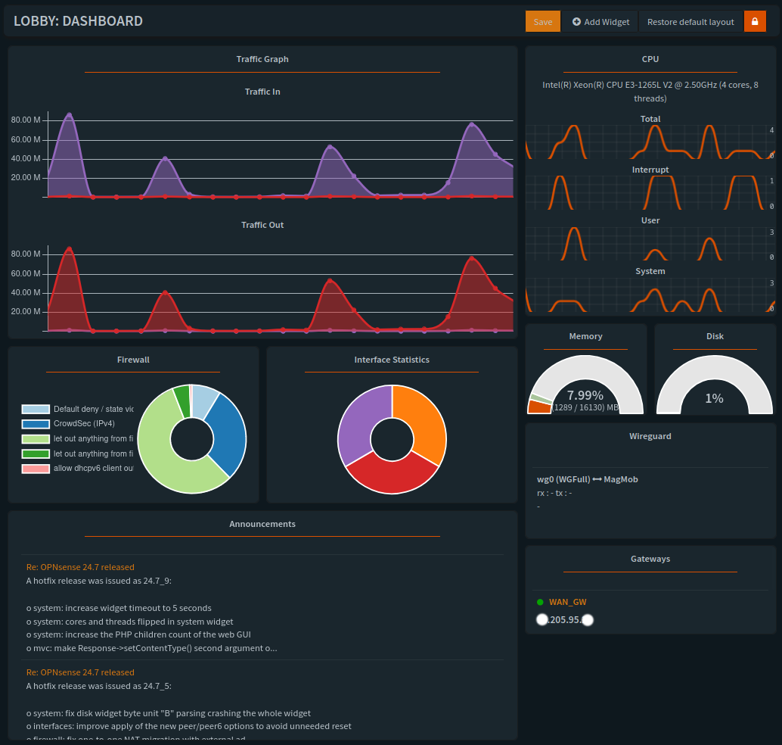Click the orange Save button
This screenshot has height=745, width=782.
point(542,22)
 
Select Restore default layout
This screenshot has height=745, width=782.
point(690,22)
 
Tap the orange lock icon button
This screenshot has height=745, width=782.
point(755,22)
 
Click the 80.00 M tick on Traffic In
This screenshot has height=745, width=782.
point(26,120)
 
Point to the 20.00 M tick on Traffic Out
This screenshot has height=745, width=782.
point(26,312)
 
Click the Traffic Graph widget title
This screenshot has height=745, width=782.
point(262,59)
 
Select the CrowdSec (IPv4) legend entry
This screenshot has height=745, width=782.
point(84,424)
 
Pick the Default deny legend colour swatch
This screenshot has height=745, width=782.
point(36,410)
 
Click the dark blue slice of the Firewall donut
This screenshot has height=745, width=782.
point(228,435)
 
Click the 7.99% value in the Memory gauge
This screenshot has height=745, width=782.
point(585,395)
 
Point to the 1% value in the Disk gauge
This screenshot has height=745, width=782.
point(714,398)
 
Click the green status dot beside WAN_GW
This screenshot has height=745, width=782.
point(540,603)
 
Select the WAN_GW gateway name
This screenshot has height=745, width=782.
point(568,603)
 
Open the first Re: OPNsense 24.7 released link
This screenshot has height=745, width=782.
point(80,567)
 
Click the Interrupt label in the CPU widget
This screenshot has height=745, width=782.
point(650,170)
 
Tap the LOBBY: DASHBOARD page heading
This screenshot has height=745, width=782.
point(78,21)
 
